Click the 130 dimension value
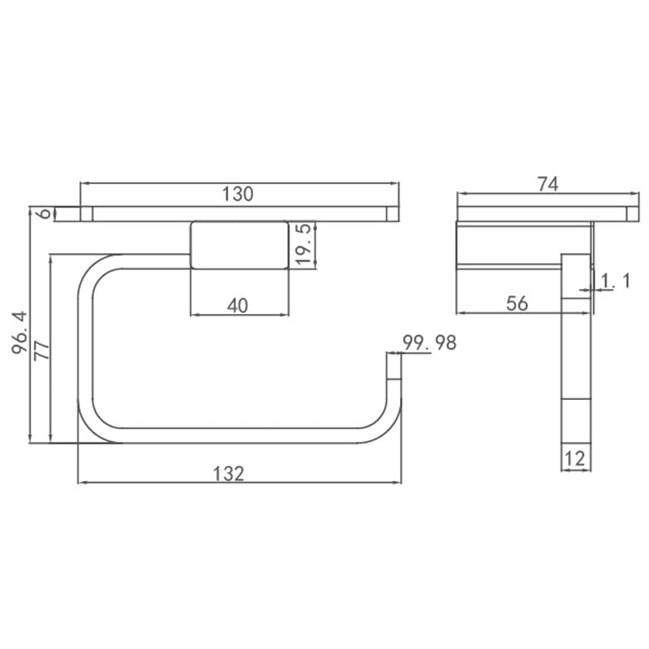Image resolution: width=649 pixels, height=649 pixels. [238, 194]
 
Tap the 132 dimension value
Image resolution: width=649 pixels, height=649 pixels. [229, 474]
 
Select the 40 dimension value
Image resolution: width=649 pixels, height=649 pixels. [238, 306]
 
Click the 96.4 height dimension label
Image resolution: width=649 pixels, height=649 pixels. [19, 333]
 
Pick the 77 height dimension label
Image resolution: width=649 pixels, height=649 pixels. [42, 350]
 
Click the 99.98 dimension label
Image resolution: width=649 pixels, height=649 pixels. [430, 342]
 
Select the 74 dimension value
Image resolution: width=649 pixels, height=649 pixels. [548, 184]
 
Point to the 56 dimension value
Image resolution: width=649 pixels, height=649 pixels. [517, 303]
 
